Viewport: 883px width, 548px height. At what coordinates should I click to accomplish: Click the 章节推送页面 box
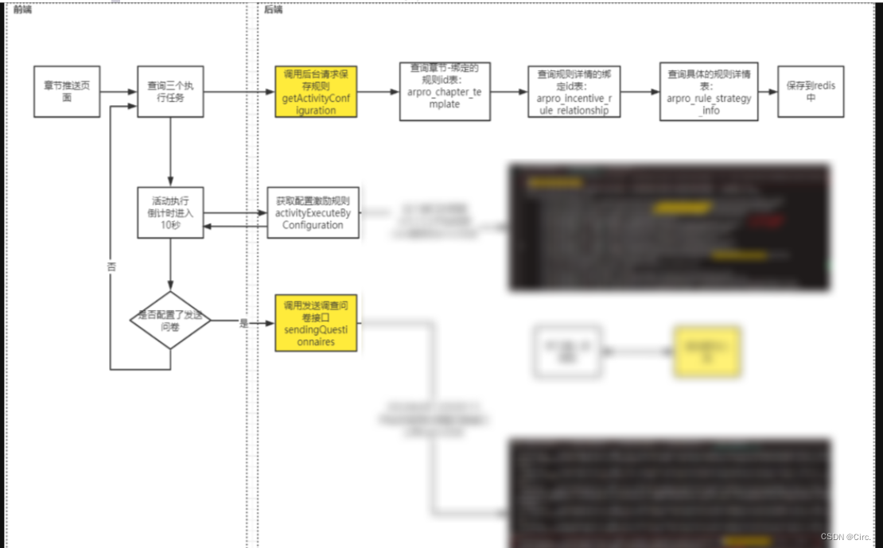click(67, 91)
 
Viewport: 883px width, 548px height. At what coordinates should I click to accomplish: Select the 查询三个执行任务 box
click(170, 91)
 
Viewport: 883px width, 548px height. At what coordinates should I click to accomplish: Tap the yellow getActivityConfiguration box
click(316, 91)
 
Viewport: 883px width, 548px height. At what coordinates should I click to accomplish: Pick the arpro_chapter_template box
click(445, 91)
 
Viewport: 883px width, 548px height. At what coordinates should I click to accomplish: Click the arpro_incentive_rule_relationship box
click(574, 91)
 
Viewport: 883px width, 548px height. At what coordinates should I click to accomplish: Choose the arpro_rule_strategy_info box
click(709, 91)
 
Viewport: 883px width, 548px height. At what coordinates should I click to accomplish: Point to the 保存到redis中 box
click(811, 91)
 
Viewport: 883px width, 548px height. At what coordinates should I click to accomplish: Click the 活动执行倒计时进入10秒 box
click(170, 212)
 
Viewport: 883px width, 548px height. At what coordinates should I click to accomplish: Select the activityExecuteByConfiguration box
click(313, 212)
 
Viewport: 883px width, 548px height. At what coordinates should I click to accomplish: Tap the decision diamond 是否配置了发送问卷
click(170, 320)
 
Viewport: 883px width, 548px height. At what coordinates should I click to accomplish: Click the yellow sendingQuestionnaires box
click(316, 323)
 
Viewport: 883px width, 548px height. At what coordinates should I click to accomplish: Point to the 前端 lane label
click(22, 10)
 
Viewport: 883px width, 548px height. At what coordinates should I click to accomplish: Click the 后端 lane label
click(274, 10)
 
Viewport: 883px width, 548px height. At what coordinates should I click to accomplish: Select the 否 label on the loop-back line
click(111, 267)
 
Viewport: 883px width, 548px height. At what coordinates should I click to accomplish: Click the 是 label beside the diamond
click(243, 323)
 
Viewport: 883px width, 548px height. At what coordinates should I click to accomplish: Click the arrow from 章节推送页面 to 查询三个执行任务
click(119, 91)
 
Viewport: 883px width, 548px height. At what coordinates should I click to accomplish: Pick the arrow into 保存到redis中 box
click(768, 91)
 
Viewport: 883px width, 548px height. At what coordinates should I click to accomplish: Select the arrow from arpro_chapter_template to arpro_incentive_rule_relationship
click(509, 91)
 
